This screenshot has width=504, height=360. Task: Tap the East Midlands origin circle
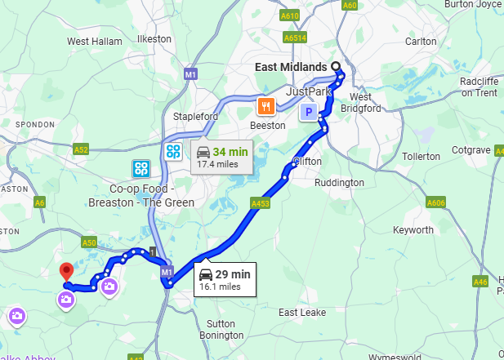(335, 67)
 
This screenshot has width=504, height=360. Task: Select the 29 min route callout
(225, 278)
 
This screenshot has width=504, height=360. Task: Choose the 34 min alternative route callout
(221, 157)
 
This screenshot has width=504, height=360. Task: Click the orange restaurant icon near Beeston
(265, 106)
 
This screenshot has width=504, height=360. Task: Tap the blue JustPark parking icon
(309, 113)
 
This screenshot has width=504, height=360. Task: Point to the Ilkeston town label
(154, 38)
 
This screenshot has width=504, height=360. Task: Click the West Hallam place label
(89, 42)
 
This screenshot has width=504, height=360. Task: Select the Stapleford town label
(195, 117)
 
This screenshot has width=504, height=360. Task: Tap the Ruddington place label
(339, 183)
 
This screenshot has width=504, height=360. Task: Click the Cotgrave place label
(471, 150)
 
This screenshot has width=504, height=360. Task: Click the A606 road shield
(435, 202)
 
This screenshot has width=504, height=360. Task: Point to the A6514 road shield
(295, 38)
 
